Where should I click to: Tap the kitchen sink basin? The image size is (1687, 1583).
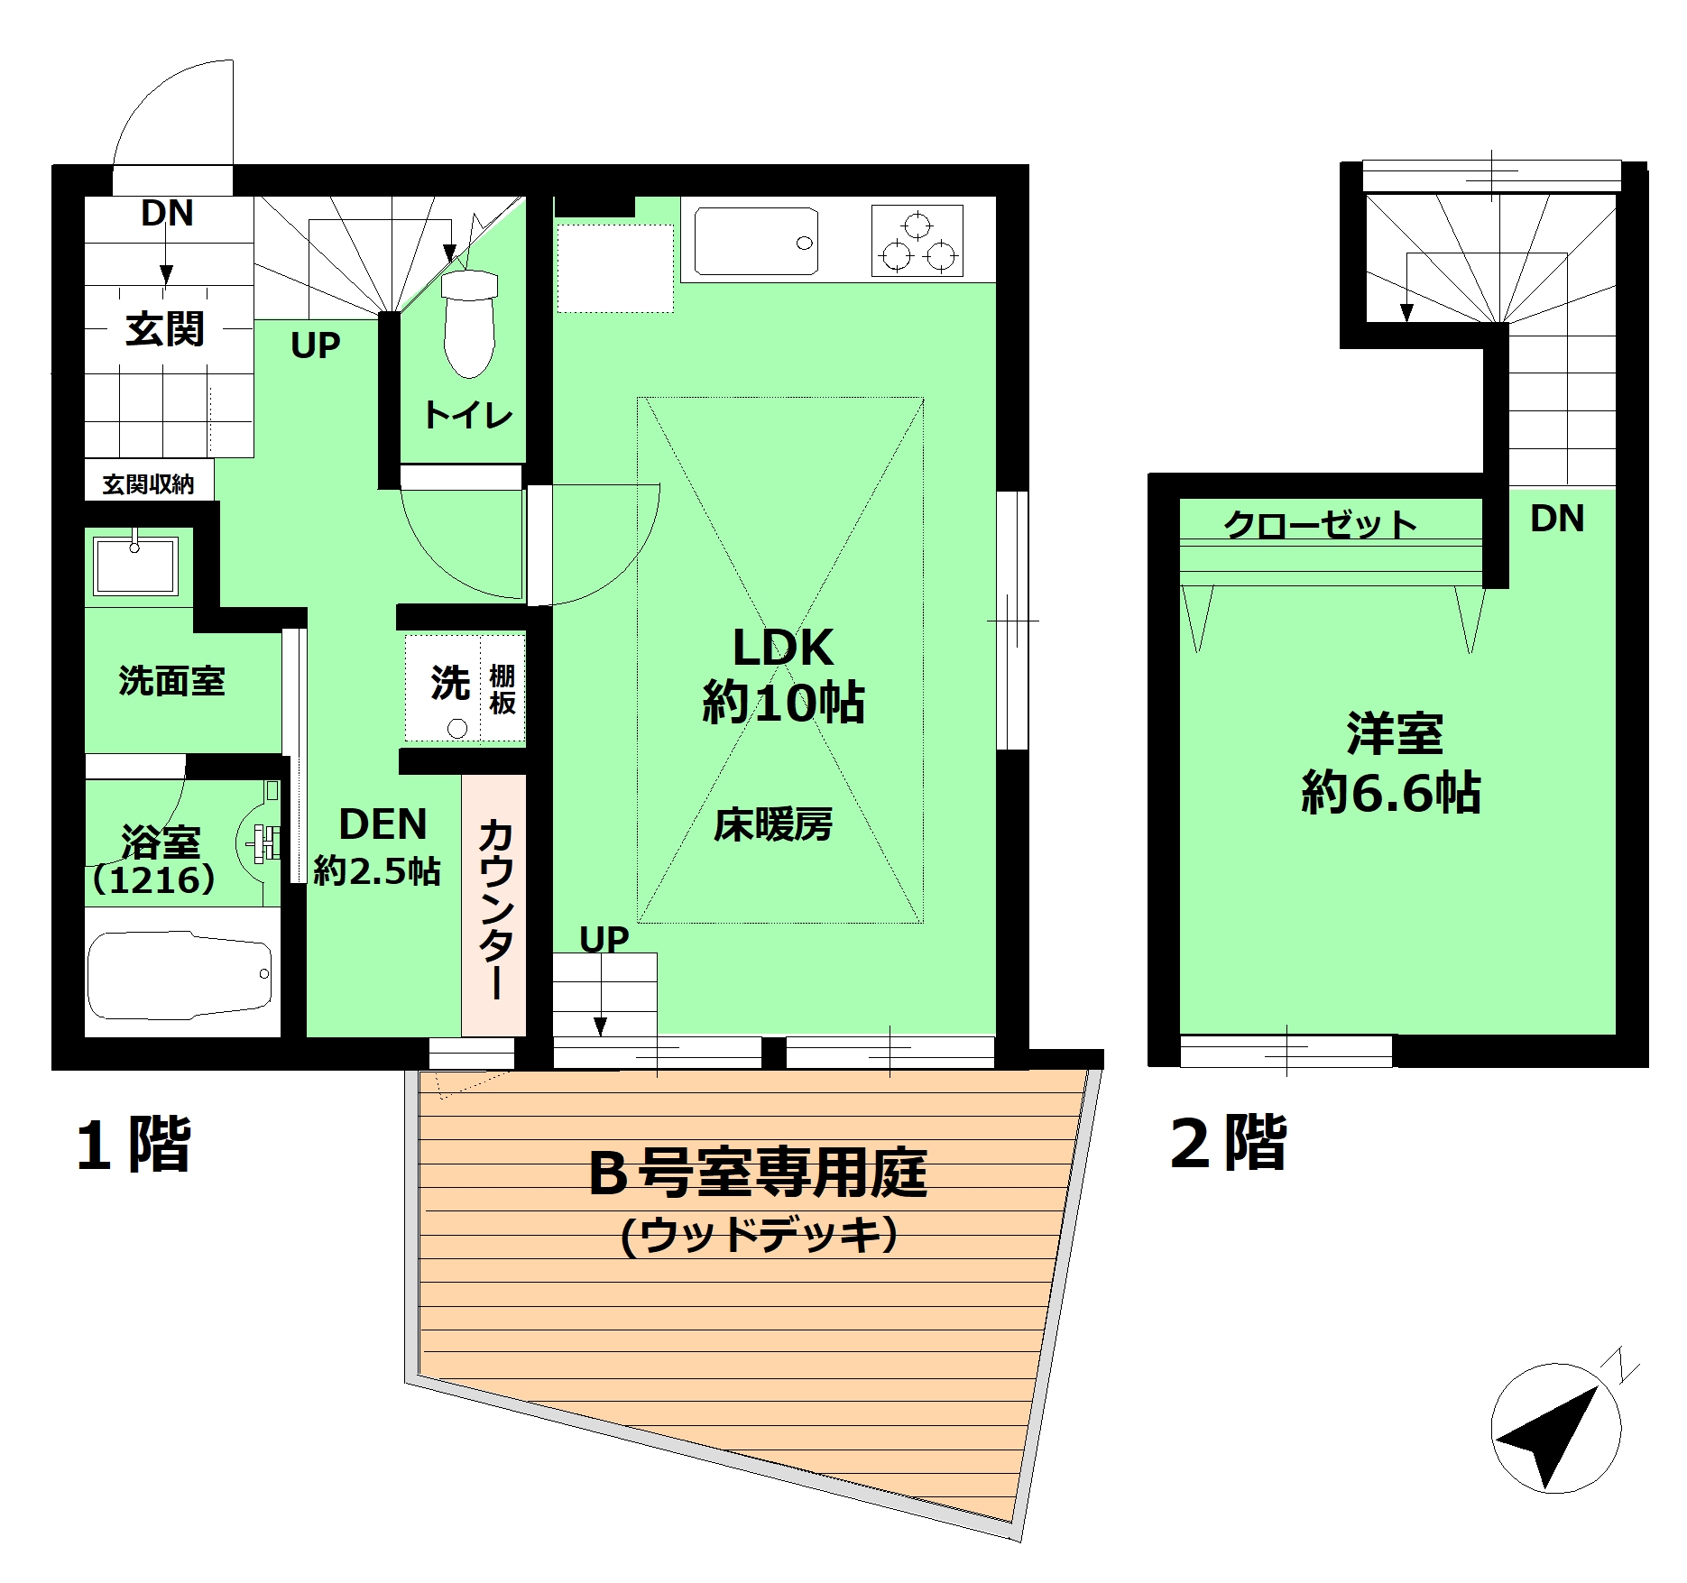point(756,241)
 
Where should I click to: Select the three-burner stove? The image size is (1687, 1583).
point(917,241)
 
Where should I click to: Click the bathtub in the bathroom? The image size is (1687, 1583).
point(180,975)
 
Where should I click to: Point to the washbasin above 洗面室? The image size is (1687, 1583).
point(135,565)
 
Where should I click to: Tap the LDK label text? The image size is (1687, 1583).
point(783,647)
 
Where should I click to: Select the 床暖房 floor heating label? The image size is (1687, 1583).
point(773,824)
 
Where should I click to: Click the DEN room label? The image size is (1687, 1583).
point(383,824)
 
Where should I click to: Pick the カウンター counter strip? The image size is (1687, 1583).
point(494,906)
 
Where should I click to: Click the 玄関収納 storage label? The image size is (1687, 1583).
point(148,484)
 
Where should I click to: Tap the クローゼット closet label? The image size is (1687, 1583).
point(1321,524)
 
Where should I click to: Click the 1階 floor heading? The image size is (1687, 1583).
point(134,1144)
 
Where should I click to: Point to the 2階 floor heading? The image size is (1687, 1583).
point(1228,1143)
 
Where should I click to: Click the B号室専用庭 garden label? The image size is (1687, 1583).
point(757,1173)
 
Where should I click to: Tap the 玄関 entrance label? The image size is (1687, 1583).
point(165,328)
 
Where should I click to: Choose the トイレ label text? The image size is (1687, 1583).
point(468,415)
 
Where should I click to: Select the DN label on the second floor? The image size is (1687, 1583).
point(1557,519)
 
